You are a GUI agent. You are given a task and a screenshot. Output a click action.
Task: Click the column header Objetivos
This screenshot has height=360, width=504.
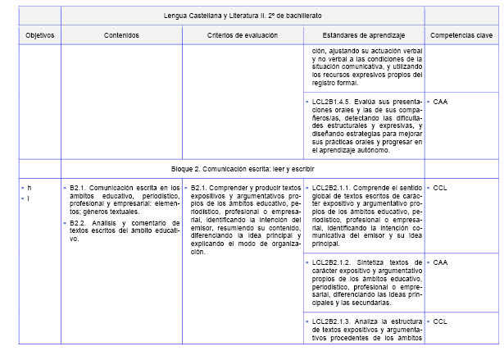39,35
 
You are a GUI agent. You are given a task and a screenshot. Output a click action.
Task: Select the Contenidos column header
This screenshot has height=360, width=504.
121,35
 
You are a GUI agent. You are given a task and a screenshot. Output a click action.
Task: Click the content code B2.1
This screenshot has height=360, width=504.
79,188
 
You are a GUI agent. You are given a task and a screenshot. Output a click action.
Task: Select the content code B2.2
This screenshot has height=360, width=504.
79,223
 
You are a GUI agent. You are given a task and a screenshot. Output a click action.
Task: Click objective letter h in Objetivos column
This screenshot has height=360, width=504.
30,188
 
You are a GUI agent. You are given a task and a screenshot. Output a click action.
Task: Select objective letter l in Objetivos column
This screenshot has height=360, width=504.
30,198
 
